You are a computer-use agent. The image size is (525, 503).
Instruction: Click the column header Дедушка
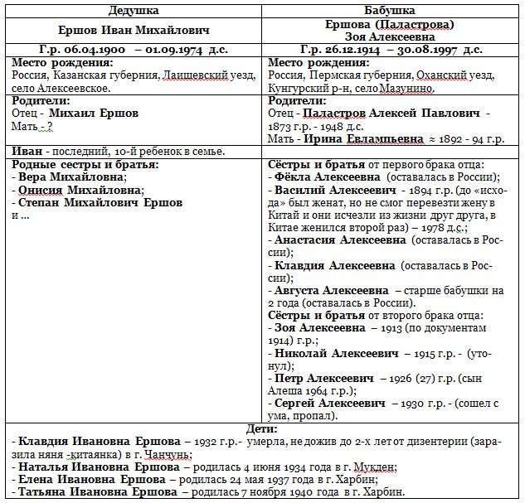click(135, 10)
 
